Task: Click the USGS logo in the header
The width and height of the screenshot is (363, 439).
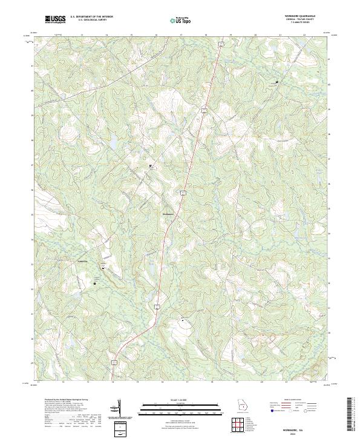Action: [55, 19]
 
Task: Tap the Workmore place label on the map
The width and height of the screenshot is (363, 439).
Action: [168, 213]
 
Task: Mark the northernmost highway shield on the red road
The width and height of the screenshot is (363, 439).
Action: [222, 44]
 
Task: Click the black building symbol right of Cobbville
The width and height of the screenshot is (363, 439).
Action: [102, 267]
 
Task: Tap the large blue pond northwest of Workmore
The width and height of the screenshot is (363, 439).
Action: [113, 143]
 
